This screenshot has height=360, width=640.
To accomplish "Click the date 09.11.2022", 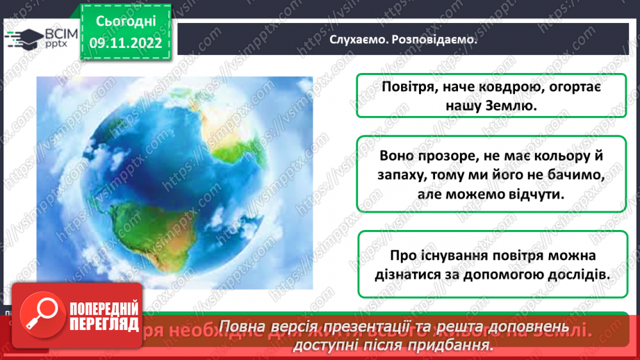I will tap(125, 42).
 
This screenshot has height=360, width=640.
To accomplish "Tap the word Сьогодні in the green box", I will tap(125, 22).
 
